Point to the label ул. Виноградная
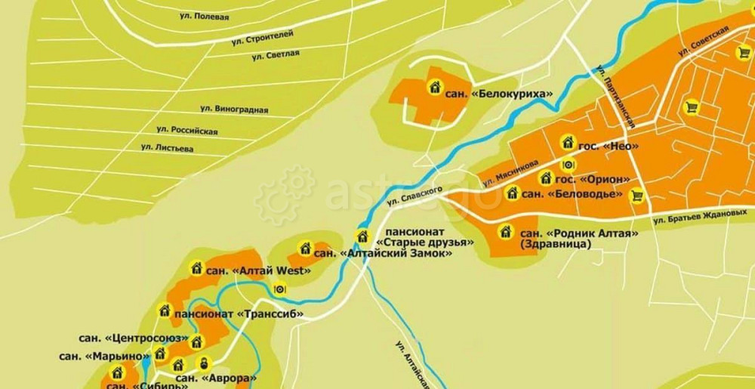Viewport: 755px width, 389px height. [234, 110]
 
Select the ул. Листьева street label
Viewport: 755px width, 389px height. [167, 147]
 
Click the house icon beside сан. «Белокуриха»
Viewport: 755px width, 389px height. [434, 87]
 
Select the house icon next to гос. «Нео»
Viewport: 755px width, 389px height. [568, 141]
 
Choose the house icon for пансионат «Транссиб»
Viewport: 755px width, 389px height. [164, 310]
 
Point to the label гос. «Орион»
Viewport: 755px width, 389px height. [593, 179]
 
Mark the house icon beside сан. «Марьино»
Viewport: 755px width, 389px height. [160, 353]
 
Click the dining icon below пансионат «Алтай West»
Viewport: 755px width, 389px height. [280, 288]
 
